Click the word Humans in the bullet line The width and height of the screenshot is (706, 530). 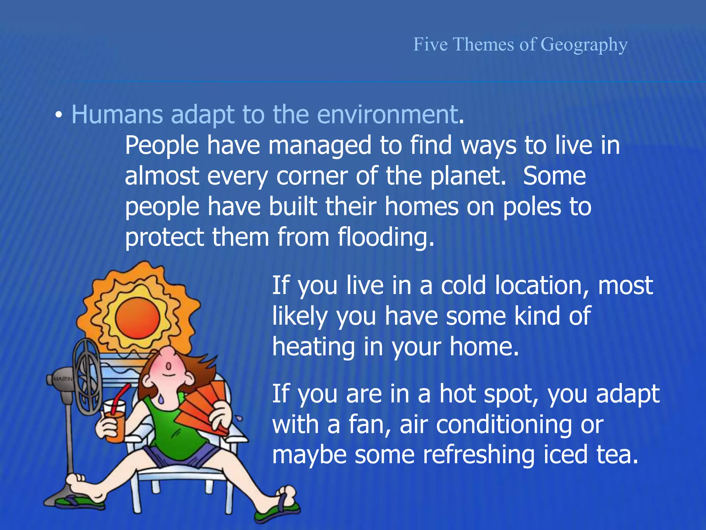[x=117, y=115]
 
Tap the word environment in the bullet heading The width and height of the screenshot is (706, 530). [x=387, y=115]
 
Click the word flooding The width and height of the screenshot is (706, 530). [x=385, y=237]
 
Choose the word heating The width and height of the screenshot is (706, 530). [x=313, y=347]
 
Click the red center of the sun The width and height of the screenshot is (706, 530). [x=138, y=318]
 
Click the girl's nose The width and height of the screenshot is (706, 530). [x=169, y=366]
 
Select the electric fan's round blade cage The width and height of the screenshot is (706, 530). [x=88, y=378]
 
